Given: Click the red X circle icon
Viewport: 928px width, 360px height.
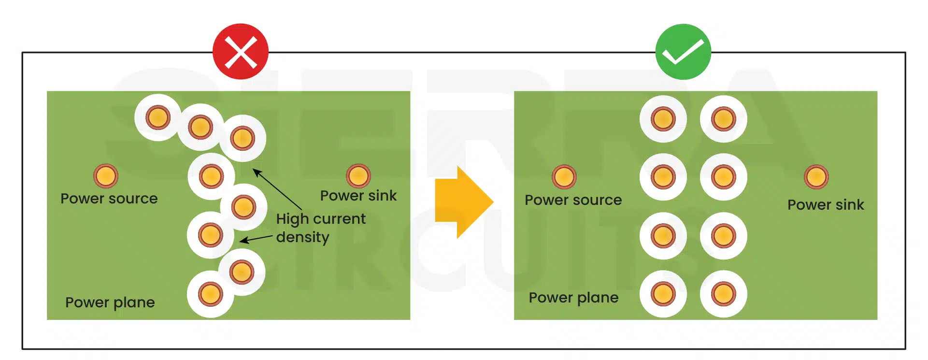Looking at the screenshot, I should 241,52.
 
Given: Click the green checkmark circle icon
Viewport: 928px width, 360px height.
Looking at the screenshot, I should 683,52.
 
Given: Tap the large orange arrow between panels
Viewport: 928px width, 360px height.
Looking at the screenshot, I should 463,202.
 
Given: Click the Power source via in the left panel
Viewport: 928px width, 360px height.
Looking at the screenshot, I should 106,176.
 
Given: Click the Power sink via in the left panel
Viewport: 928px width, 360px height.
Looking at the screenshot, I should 358,175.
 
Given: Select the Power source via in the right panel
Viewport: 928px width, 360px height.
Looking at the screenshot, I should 564,177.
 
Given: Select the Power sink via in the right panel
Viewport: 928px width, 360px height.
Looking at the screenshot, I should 816,177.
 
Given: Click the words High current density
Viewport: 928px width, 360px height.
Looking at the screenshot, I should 321,228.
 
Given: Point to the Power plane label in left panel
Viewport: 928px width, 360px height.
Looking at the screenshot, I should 110,302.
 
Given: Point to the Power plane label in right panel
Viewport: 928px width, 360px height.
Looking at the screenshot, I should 573,298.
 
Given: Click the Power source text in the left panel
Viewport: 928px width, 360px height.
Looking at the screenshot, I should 109,199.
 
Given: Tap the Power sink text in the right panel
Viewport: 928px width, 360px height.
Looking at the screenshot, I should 826,205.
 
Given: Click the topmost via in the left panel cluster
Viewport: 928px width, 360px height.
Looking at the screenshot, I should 158,117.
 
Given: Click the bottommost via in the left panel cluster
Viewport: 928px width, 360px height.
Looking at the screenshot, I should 211,294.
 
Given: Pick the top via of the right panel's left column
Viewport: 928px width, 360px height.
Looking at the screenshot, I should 663,119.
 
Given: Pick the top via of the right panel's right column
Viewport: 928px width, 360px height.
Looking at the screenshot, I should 723,119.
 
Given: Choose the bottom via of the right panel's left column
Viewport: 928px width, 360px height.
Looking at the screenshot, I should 663,294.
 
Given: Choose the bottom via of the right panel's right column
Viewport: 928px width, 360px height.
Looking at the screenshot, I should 723,294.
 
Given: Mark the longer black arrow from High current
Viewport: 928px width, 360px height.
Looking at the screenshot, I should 278,189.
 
